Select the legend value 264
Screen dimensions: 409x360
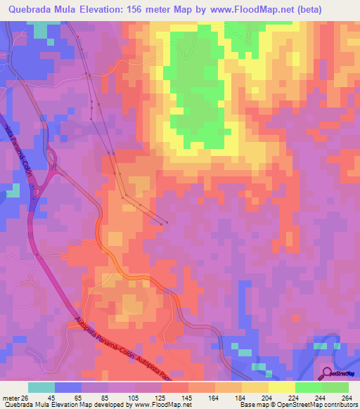(346, 398)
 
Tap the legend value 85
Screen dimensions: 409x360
(104, 398)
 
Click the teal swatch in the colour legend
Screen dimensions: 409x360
(41, 387)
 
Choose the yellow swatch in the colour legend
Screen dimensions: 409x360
(281, 387)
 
